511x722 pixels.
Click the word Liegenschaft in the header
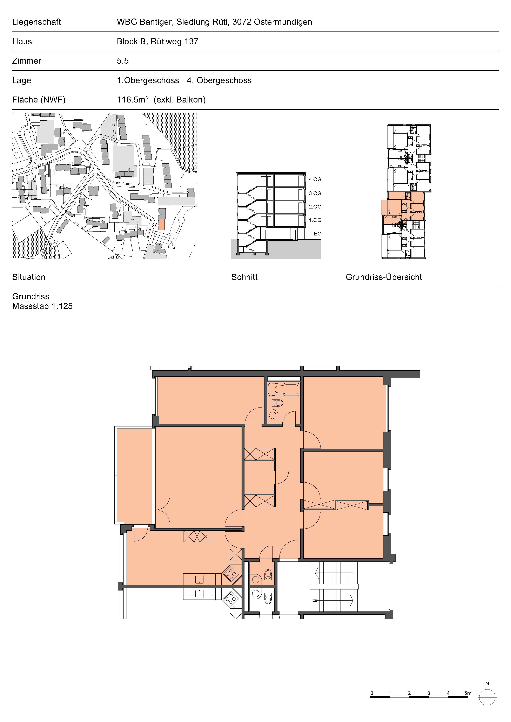[36, 22]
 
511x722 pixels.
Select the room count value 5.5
[123, 61]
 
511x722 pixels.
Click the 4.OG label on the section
[315, 179]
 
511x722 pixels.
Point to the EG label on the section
[317, 234]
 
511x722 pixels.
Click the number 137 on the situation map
[153, 225]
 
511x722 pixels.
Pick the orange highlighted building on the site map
[161, 225]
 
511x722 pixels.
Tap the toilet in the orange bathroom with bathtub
[277, 403]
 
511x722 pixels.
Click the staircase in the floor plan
[334, 586]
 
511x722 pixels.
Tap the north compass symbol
[487, 698]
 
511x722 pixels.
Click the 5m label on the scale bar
[468, 693]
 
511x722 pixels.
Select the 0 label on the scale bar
[372, 693]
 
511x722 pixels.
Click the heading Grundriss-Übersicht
[384, 277]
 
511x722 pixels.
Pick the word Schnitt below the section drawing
[244, 277]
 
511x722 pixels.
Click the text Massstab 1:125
[42, 306]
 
